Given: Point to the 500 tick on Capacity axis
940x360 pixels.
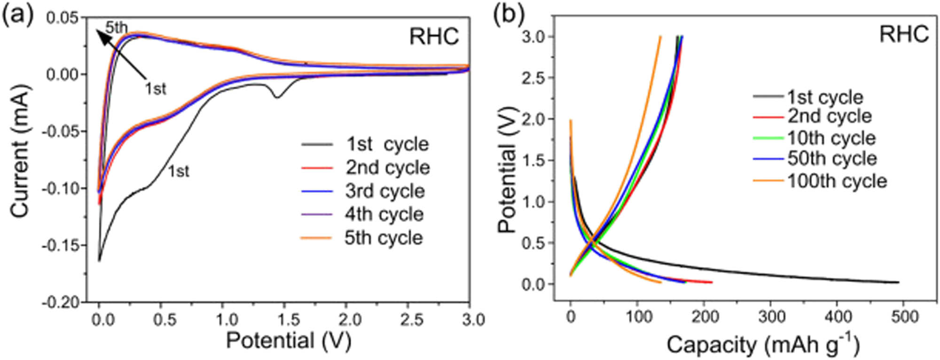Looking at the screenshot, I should coord(904,317).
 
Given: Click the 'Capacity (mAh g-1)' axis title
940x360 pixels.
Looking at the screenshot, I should coord(762,345).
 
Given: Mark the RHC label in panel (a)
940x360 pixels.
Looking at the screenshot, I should coord(433,37).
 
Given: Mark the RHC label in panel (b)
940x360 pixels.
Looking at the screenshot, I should coord(904,34).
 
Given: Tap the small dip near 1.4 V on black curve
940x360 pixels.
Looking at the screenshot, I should coord(277,97).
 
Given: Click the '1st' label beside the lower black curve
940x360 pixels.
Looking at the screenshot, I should coord(179,172).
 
